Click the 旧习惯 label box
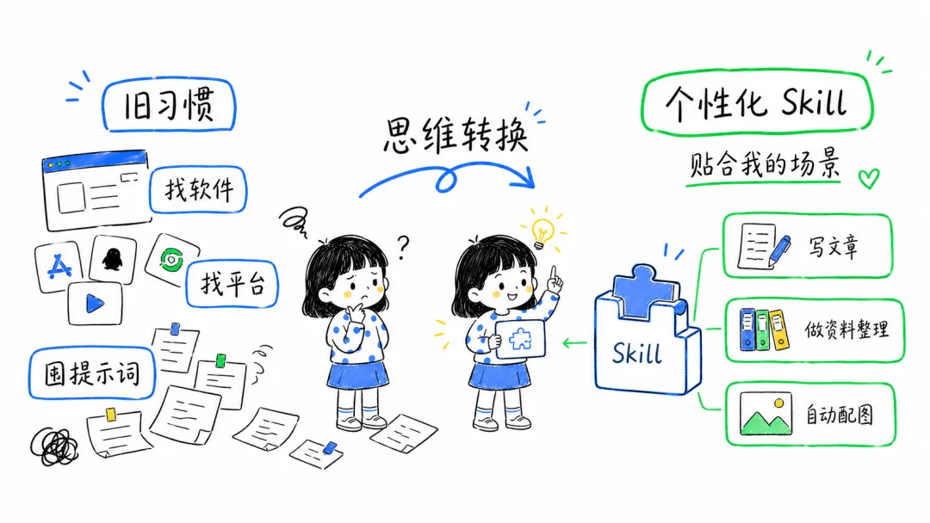pyautogui.click(x=169, y=105)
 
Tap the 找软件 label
pyautogui.click(x=198, y=189)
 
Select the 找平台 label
pyautogui.click(x=232, y=284)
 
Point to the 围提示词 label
pyautogui.click(x=92, y=373)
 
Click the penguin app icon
pyautogui.click(x=112, y=259)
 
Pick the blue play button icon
pyautogui.click(x=95, y=304)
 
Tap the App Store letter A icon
pyautogui.click(x=59, y=267)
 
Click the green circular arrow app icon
pyautogui.click(x=172, y=260)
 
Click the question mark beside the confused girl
pyautogui.click(x=403, y=247)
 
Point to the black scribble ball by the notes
pyautogui.click(x=54, y=446)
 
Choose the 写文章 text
pyautogui.click(x=834, y=246)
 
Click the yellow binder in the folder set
pyautogui.click(x=779, y=329)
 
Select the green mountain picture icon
pyautogui.click(x=766, y=414)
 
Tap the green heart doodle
pyautogui.click(x=869, y=178)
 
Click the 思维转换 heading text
pyautogui.click(x=455, y=136)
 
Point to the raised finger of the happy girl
pyautogui.click(x=554, y=274)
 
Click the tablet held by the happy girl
pyautogui.click(x=520, y=339)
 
